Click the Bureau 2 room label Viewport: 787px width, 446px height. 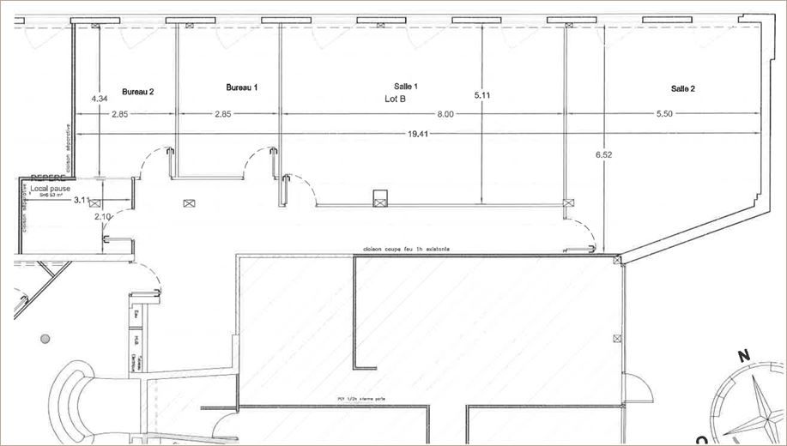click(x=137, y=91)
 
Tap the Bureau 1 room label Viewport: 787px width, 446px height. click(x=242, y=87)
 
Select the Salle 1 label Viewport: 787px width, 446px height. click(x=406, y=87)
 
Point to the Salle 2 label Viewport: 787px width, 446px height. click(x=683, y=88)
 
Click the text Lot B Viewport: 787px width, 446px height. click(x=395, y=99)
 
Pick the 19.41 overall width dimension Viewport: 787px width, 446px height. click(x=419, y=134)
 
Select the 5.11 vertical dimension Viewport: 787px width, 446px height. click(x=482, y=96)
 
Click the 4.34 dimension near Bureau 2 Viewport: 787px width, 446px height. click(x=99, y=98)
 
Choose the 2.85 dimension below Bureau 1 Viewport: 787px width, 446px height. click(x=223, y=114)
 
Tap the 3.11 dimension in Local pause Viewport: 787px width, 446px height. click(x=82, y=200)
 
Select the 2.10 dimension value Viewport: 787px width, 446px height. click(x=103, y=217)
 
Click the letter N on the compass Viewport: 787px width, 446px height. click(x=743, y=354)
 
